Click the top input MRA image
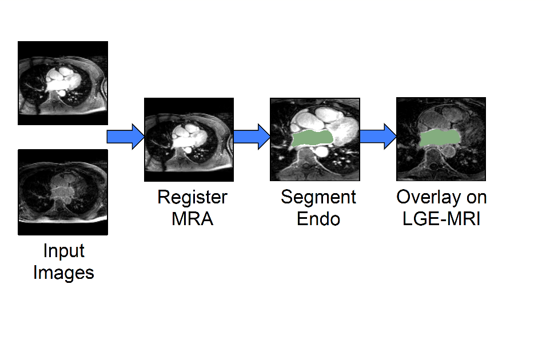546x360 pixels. point(63,83)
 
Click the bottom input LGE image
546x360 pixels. point(63,192)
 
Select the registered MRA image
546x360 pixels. point(189,140)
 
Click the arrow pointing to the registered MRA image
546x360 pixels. point(125,137)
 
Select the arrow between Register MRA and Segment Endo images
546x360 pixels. point(251,137)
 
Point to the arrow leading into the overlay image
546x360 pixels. point(377,137)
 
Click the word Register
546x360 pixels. point(192,198)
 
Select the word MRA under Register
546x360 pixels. point(192,219)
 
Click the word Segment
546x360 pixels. point(318,198)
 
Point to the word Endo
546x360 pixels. point(318,219)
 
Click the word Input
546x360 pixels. point(63,251)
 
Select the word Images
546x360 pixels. point(63,273)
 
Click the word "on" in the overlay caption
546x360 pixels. point(476,198)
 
